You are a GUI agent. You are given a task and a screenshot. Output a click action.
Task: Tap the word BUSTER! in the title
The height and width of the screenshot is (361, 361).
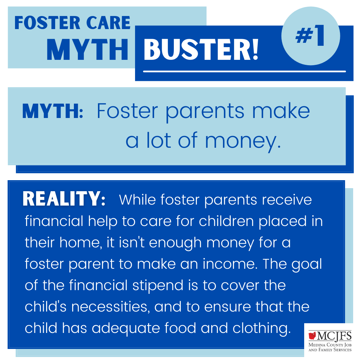coord(201,50)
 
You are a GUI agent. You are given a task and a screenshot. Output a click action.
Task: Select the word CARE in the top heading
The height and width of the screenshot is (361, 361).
coord(108,23)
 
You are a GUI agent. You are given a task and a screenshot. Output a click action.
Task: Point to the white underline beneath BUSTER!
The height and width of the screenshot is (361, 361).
coord(244,72)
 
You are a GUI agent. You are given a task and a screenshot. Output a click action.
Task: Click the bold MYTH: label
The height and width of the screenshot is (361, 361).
coord(53,111)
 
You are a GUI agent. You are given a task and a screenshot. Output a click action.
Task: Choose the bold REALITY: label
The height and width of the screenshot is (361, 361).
coord(64,199)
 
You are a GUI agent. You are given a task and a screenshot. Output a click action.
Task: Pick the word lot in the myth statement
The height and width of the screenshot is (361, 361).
coord(159,140)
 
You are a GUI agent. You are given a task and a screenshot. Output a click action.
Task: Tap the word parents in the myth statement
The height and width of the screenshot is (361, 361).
coord(205,112)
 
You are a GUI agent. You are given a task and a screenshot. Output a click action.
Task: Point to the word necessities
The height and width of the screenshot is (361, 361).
coord(109,307)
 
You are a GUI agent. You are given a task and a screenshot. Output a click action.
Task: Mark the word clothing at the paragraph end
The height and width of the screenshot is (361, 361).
coord(262,328)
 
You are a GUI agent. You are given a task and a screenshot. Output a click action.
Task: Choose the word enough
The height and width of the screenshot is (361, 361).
coord(175,243)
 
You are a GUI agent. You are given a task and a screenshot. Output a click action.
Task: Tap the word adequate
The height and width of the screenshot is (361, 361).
coord(126,328)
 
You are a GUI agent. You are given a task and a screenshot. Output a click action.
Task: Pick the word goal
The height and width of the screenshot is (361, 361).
coord(307,264)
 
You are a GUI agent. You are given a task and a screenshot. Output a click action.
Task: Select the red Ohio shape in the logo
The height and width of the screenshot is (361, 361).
coord(312,336)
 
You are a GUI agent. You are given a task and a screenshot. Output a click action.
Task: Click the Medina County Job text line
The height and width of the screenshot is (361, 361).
coord(330,345)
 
